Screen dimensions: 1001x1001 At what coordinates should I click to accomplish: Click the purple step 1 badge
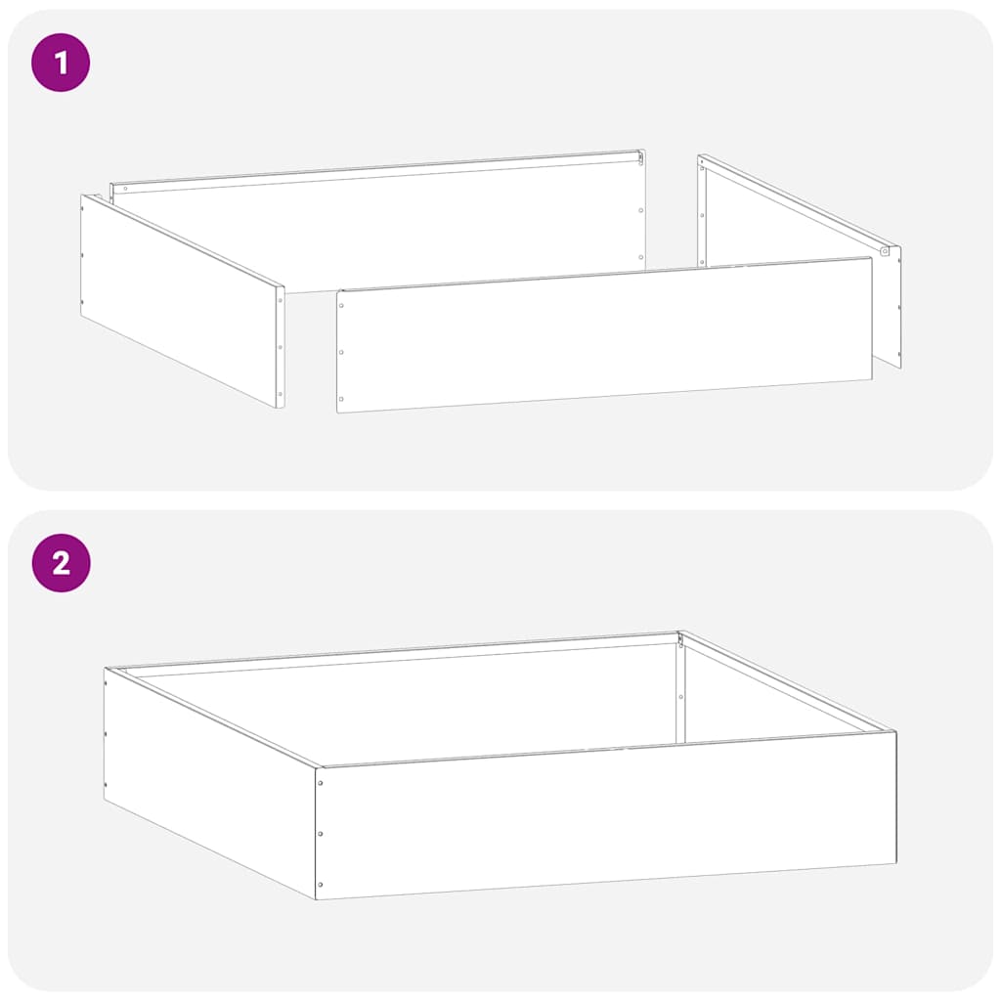point(61,63)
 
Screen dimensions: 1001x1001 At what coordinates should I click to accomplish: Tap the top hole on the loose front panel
point(341,306)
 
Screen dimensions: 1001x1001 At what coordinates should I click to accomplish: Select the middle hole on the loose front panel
point(341,353)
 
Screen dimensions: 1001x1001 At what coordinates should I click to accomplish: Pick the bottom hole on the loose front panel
point(341,399)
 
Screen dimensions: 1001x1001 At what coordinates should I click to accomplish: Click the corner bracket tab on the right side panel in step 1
point(885,251)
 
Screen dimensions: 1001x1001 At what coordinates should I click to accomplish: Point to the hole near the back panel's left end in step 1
point(126,188)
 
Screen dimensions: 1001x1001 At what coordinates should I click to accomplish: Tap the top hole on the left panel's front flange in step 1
point(280,300)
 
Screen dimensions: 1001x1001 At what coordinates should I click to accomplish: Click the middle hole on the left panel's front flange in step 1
point(280,347)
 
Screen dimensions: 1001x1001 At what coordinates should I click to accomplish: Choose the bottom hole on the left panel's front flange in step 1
point(280,393)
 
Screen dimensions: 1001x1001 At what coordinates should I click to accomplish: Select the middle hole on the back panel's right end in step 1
point(640,210)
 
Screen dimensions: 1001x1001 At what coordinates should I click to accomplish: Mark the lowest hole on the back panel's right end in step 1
point(640,257)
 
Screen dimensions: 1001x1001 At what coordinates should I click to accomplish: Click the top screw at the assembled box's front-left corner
point(321,782)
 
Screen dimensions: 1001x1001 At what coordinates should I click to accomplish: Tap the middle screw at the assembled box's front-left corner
point(321,834)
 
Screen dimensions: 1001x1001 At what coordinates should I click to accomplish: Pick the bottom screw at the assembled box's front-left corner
point(321,885)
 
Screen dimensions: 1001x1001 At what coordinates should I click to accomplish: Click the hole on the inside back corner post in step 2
point(680,696)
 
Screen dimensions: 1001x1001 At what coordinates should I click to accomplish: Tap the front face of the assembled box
point(606,816)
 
